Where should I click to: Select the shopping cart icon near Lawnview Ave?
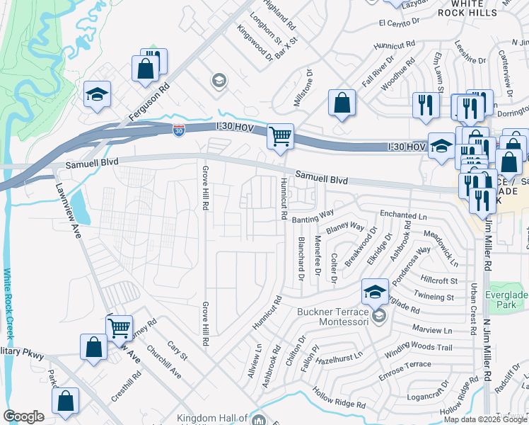119,327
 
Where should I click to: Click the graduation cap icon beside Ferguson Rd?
97,94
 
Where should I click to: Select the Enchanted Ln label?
404,214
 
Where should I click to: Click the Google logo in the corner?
23,416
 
